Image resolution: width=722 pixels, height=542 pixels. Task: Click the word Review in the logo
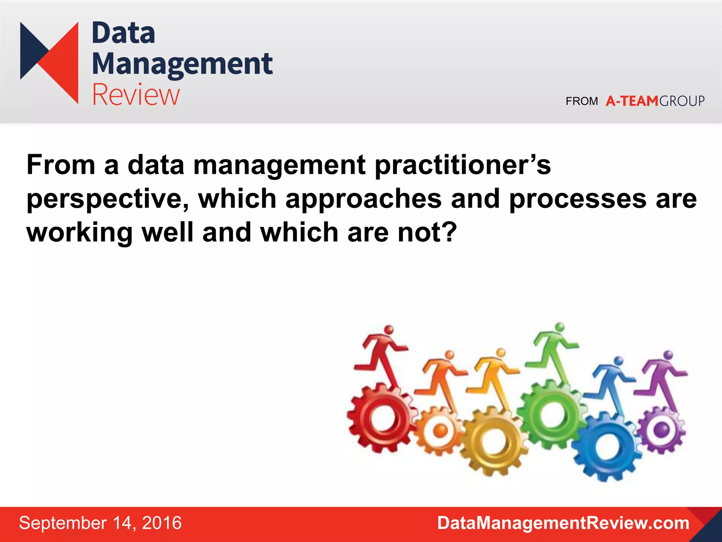coord(136,95)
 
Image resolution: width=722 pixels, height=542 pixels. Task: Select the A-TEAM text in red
coord(632,101)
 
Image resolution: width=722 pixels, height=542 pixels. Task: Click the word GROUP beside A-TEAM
coord(682,101)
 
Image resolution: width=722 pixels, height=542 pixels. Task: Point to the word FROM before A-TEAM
coord(582,101)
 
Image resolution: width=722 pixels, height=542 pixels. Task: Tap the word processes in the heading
coord(577,199)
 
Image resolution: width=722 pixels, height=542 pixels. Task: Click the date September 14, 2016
coord(100,523)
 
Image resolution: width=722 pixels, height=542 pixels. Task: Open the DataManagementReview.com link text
coord(563,523)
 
